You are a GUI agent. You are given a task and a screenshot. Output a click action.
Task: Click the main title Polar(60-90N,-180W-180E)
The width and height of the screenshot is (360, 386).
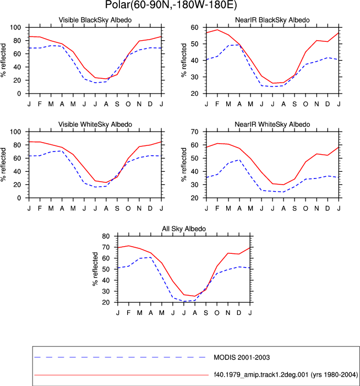[x=171, y=4]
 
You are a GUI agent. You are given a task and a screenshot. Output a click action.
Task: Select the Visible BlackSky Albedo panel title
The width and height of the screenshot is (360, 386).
[x=95, y=20]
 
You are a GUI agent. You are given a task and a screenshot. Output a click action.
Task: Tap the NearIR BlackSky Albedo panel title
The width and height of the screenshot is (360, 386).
[x=272, y=20]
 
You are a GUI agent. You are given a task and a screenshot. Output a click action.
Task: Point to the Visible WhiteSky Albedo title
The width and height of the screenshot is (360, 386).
[x=95, y=124]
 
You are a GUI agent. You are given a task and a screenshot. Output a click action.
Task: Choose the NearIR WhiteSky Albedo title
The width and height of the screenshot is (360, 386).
[x=272, y=124]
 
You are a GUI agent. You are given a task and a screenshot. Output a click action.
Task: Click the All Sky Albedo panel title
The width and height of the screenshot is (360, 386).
[x=184, y=229]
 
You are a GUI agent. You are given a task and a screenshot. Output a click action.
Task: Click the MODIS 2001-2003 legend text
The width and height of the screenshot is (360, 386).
[x=242, y=357]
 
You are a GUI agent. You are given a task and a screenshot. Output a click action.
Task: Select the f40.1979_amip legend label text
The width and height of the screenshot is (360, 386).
[x=286, y=375]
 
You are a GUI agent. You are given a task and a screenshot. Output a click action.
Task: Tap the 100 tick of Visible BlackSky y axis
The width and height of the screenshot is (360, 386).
[x=15, y=28]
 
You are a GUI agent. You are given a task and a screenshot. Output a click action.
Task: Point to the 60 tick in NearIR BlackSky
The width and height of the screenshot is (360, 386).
[x=194, y=28]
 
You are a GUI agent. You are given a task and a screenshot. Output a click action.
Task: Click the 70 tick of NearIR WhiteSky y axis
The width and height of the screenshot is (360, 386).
[x=194, y=132]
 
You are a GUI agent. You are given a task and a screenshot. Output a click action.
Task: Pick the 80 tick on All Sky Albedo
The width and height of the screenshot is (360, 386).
[x=106, y=236]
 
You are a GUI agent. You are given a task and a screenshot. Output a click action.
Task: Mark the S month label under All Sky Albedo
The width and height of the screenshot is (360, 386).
[x=206, y=313]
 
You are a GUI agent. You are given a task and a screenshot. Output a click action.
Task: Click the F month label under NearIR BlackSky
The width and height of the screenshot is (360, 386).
[x=217, y=104]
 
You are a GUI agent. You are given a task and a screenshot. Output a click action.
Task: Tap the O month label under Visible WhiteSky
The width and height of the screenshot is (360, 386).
[x=128, y=209]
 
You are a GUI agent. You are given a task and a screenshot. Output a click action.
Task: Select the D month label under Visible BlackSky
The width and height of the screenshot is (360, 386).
[x=150, y=104]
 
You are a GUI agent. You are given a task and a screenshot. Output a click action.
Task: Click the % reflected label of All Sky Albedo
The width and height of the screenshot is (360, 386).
[x=95, y=269]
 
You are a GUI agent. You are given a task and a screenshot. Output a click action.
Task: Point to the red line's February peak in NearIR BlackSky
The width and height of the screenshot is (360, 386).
[x=217, y=30]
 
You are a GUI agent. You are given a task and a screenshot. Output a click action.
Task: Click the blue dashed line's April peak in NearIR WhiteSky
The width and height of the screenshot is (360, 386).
[x=239, y=160]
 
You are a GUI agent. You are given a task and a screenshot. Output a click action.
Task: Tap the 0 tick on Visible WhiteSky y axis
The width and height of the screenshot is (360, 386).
[x=19, y=198]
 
